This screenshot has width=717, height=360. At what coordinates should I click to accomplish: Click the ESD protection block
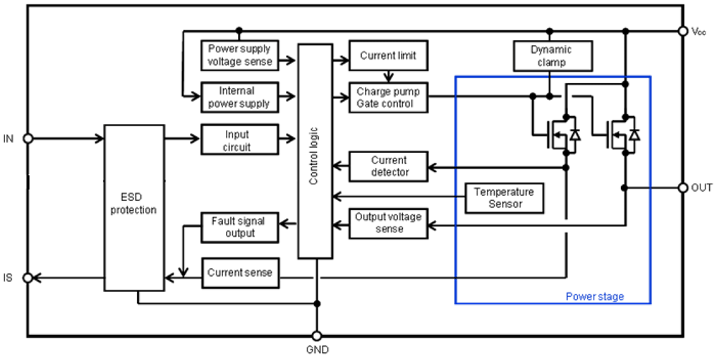[x=134, y=208]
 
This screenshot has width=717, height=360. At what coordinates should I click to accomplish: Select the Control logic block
[x=315, y=151]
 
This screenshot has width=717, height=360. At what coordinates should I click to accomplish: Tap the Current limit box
[x=388, y=55]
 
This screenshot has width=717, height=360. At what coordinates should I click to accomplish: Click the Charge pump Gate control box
[x=388, y=98]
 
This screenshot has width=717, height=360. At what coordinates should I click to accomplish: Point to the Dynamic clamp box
[x=553, y=56]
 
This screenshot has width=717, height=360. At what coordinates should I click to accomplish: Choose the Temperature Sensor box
[x=504, y=198]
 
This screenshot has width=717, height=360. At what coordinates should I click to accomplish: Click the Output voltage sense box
[x=388, y=223]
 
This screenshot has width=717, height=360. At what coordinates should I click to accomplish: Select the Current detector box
[x=388, y=166]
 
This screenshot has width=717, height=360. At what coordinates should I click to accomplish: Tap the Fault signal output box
[x=239, y=227]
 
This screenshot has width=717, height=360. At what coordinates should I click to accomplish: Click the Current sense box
[x=240, y=273]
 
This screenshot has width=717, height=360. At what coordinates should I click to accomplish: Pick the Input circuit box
[x=239, y=140]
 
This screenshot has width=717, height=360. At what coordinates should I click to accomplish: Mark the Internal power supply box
[x=239, y=98]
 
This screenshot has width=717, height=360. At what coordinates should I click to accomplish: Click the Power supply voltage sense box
[x=239, y=55]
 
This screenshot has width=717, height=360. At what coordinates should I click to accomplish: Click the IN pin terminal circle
[x=28, y=138]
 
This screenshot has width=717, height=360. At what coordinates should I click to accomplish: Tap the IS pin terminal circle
[x=28, y=278]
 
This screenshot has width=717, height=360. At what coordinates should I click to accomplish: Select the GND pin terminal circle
[x=316, y=336]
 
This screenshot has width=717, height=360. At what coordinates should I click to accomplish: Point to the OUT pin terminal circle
[x=683, y=188]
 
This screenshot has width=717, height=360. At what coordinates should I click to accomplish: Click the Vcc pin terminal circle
[x=683, y=31]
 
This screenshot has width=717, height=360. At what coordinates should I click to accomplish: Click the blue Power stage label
[x=595, y=296]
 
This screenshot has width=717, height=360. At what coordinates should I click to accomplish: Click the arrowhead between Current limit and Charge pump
[x=388, y=78]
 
